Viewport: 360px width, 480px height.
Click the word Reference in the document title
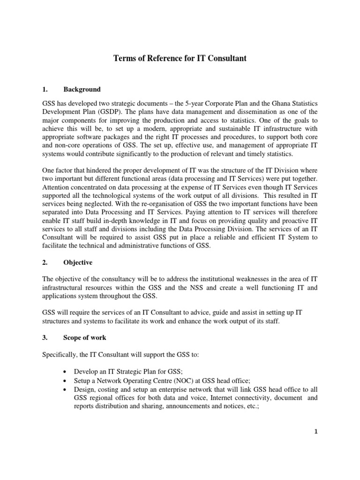point(163,59)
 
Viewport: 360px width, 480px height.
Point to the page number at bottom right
point(316,432)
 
